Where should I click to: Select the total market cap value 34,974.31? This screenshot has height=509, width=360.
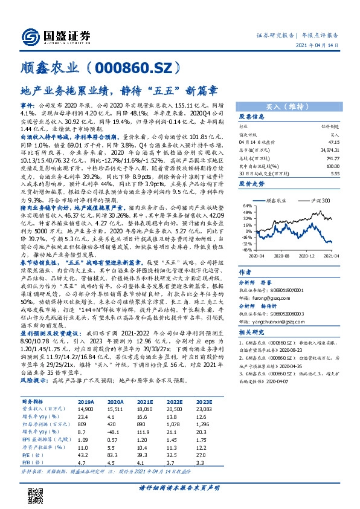[x=331, y=149]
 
